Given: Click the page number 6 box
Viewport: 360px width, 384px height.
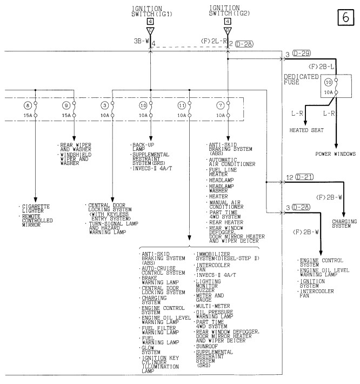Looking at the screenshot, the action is point(345,17).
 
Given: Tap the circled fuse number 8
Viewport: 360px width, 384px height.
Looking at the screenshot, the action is point(28,105).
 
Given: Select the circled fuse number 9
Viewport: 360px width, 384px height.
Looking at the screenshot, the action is point(66,105).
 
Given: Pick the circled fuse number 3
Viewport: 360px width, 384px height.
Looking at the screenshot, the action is point(105,105).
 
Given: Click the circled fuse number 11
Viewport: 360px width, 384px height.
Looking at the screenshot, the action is point(182,105).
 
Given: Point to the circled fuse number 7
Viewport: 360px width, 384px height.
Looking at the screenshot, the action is point(221,105).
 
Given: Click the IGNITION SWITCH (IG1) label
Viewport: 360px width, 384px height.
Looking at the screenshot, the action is point(152,11).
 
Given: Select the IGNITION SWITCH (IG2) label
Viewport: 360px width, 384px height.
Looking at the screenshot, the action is point(229,11).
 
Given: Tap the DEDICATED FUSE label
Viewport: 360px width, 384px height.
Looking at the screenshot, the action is point(301,80).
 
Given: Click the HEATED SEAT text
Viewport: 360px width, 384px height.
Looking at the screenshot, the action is point(306,130).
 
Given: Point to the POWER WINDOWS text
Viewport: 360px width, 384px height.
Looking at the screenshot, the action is point(335,154).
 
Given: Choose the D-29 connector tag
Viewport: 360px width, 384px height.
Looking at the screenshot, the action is point(302,53).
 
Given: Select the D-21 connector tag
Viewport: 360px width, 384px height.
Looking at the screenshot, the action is point(304,177).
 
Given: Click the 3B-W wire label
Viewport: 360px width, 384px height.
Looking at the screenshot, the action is point(141,41).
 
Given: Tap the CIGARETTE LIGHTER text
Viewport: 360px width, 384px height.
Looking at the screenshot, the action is point(36,209).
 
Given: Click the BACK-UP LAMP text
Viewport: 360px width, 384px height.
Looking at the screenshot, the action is point(143,147).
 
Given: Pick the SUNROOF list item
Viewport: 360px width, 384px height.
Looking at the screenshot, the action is point(206,346).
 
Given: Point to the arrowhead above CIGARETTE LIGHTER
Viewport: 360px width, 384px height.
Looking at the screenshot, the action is point(36,200).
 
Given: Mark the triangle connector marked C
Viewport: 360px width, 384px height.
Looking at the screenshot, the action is point(150,31).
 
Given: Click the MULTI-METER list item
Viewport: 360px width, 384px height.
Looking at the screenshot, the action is point(212,306).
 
